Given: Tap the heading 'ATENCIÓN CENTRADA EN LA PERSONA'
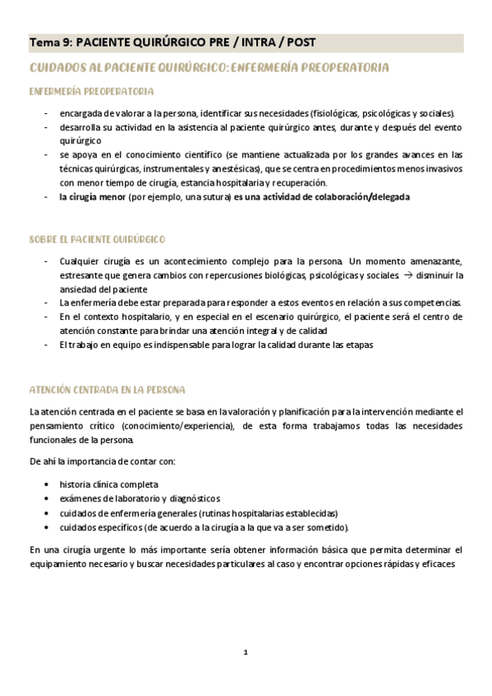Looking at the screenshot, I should (x=107, y=389).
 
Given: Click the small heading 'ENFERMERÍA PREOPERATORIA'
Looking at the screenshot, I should (x=90, y=91).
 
